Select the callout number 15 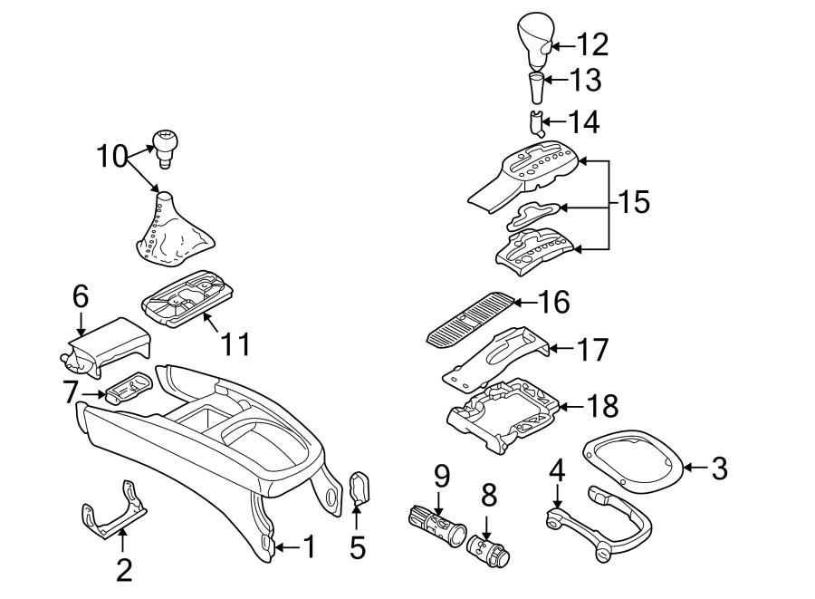pyautogui.click(x=634, y=202)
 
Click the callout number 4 pyautogui.click(x=558, y=470)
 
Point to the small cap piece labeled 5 pyautogui.click(x=360, y=488)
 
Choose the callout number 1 pyautogui.click(x=308, y=547)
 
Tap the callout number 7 pyautogui.click(x=71, y=392)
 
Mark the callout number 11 pyautogui.click(x=235, y=345)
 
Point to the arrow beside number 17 pyautogui.click(x=561, y=349)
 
